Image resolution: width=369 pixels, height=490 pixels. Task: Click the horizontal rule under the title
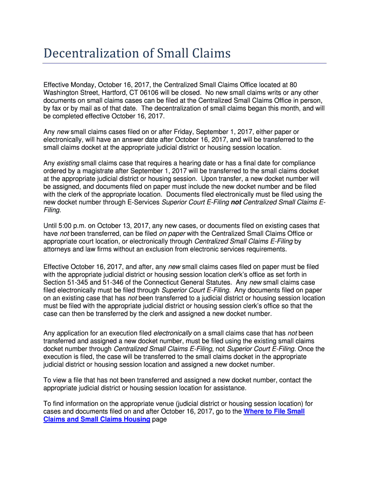184,63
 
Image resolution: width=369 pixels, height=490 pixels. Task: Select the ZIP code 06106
161,92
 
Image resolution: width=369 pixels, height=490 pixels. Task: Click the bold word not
236,202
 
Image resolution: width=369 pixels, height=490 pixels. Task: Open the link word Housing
136,420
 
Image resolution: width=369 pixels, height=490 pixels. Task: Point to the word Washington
66,92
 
